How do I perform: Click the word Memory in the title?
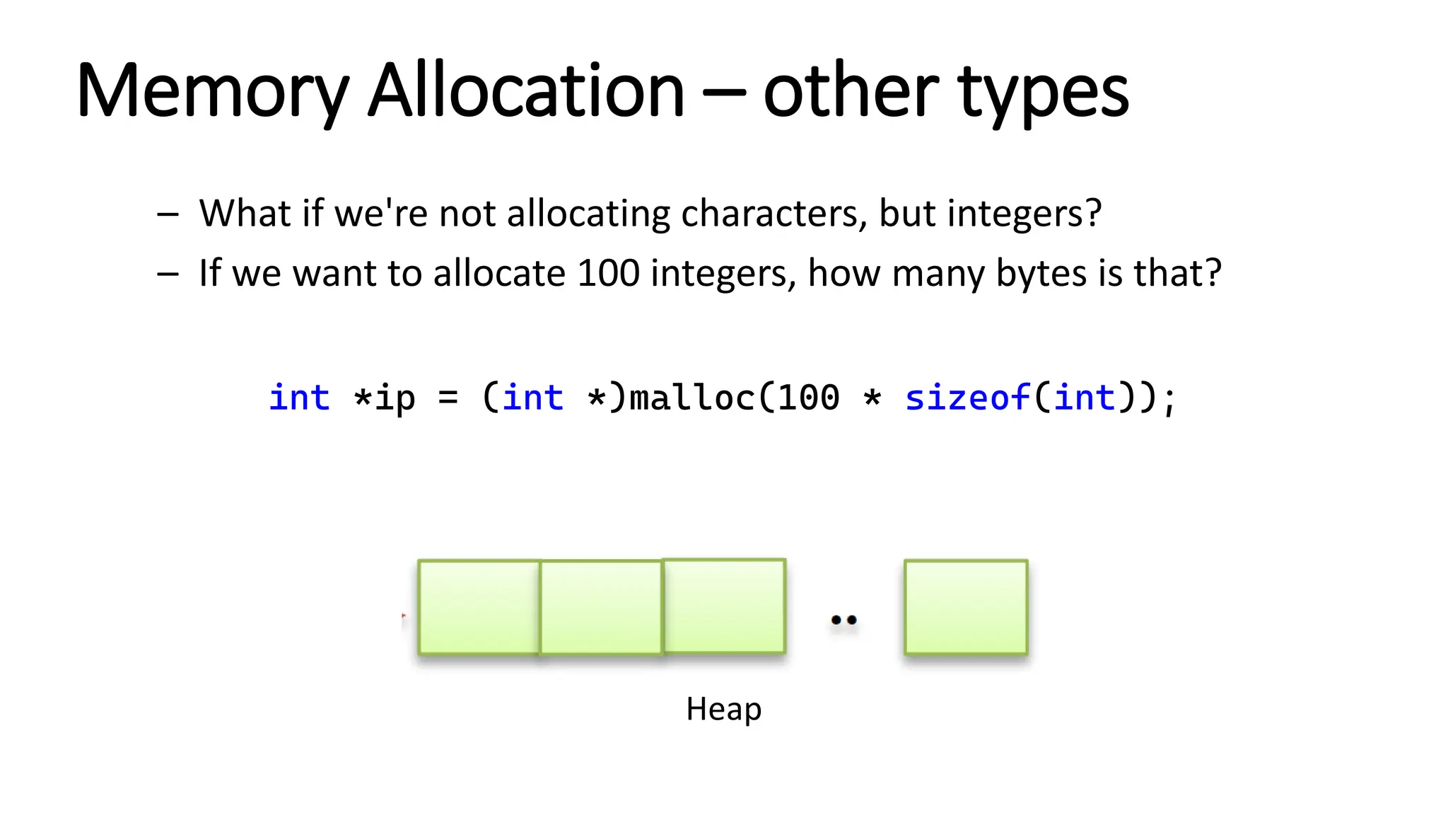tap(213, 92)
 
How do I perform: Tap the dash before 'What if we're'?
tap(168, 214)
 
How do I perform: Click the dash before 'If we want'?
tap(168, 274)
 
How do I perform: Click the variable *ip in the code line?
tap(385, 398)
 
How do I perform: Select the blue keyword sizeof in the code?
tap(967, 398)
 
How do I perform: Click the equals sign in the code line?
tap(448, 398)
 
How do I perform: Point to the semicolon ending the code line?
tap(1168, 400)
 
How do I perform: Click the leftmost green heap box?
tap(479, 607)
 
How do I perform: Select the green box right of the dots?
tap(966, 607)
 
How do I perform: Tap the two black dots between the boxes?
tap(843, 620)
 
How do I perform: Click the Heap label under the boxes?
tap(723, 709)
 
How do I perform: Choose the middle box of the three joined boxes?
tap(601, 607)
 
